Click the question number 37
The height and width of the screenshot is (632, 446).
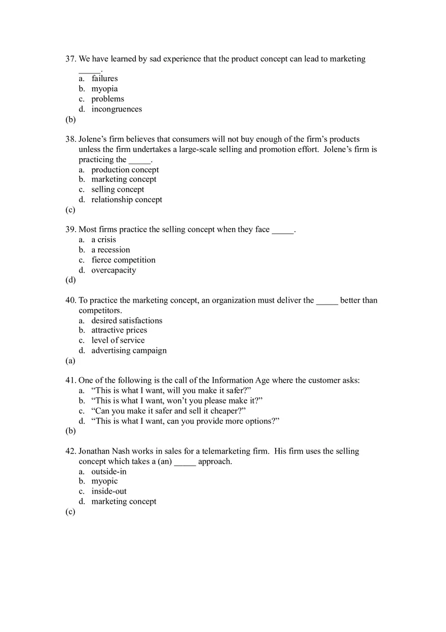70,59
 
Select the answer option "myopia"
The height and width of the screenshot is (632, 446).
104,89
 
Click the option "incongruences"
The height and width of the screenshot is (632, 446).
117,109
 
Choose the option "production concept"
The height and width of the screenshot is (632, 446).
125,170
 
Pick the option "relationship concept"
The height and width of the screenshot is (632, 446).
127,200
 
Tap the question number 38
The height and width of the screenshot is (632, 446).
70,139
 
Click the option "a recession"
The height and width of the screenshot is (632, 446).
110,250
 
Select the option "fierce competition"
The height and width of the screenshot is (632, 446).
123,260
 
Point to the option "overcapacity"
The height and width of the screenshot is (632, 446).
114,270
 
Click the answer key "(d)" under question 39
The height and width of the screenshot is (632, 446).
70,280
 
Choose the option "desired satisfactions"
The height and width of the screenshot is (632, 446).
127,320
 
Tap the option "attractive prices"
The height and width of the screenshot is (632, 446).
119,330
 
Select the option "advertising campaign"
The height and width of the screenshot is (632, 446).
129,351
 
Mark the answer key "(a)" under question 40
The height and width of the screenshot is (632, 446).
70,361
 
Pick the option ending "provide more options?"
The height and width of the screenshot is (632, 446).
185,421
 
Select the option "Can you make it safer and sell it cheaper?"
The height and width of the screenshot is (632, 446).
168,411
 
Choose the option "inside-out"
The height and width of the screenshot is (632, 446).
109,492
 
